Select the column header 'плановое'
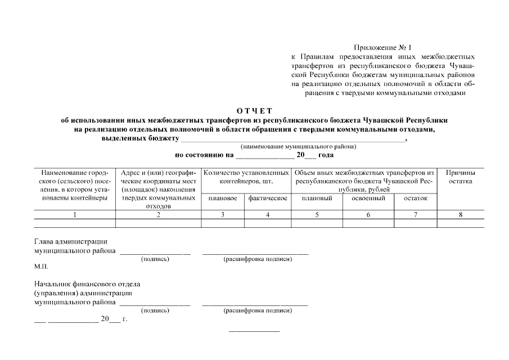(222, 199)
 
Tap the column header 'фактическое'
(268, 199)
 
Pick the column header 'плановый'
(317, 199)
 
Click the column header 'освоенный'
(368, 199)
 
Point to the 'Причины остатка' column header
(460, 177)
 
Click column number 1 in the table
(74, 214)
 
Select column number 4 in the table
(268, 214)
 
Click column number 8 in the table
(460, 214)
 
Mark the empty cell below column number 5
(317, 223)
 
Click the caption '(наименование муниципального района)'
(298, 147)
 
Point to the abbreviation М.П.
(41, 267)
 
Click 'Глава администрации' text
(70, 242)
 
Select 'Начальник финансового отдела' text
(87, 284)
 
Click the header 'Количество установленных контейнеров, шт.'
(246, 177)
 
